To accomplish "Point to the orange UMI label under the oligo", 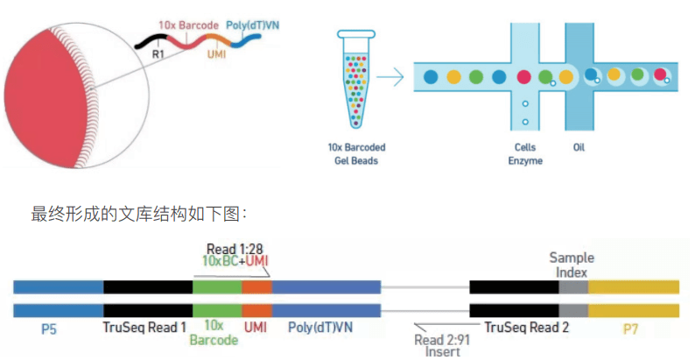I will click(x=216, y=53).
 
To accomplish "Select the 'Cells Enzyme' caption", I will click(x=525, y=154).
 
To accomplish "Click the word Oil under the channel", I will click(x=579, y=147).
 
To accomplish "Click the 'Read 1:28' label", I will click(x=234, y=249).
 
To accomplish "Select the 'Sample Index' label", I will click(x=572, y=265).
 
